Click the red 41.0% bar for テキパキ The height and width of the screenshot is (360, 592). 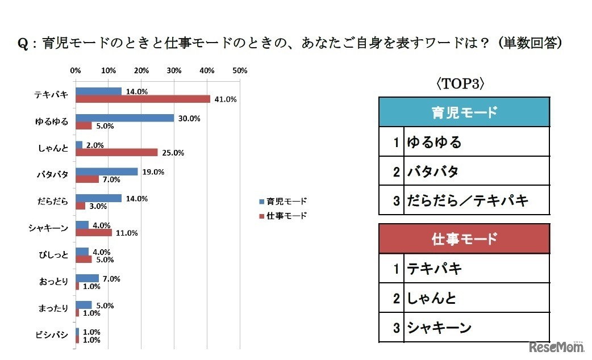point(143,99)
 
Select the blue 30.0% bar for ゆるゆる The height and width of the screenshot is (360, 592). point(124,118)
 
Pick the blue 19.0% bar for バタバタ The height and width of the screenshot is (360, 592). point(106,171)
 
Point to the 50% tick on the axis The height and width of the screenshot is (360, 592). point(240,71)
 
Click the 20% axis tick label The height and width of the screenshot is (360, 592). point(141,71)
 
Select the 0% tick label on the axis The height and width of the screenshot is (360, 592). point(75,71)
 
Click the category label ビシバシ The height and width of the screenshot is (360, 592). point(55,336)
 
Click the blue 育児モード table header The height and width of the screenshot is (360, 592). point(464,112)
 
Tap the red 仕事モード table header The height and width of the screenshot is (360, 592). point(464,238)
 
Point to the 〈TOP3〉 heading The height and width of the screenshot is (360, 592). point(460,84)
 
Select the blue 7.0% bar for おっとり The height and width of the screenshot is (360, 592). point(87,278)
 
